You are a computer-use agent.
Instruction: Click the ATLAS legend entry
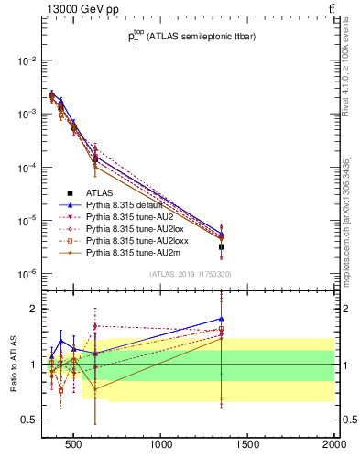pos(100,193)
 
